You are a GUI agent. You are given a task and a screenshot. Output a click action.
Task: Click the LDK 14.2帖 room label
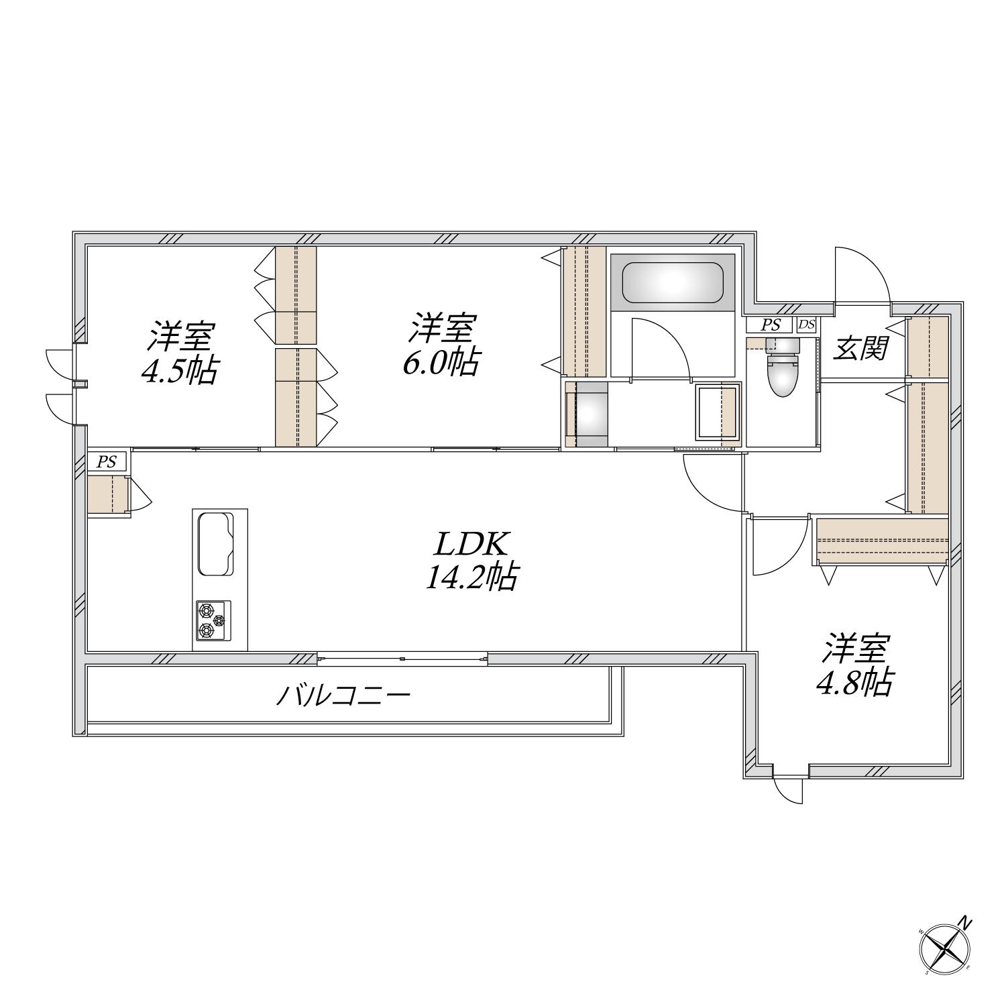pos(471,561)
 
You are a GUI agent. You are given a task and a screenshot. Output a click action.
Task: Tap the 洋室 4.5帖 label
pos(180,353)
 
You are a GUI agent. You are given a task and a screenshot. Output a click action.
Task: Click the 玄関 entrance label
pos(861,349)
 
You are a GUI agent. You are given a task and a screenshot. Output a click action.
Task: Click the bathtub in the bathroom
pos(673,282)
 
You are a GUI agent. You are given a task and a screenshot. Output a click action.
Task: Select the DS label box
pos(806,325)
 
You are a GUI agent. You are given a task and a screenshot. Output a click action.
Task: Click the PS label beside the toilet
pos(771,325)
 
